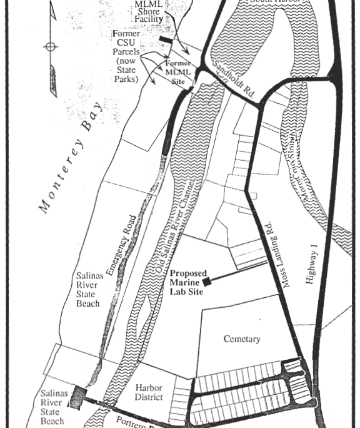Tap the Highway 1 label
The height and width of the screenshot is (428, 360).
pyautogui.click(x=311, y=262)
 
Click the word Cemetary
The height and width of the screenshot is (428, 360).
pyautogui.click(x=242, y=339)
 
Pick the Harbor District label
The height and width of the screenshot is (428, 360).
pyautogui.click(x=149, y=392)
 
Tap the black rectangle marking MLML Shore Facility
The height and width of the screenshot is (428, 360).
pyautogui.click(x=166, y=39)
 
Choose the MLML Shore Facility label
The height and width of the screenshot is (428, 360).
pyautogui.click(x=149, y=11)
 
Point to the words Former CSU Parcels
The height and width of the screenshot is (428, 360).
pyautogui.click(x=127, y=43)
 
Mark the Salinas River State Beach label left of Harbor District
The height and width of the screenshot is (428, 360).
pyautogui.click(x=51, y=407)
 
